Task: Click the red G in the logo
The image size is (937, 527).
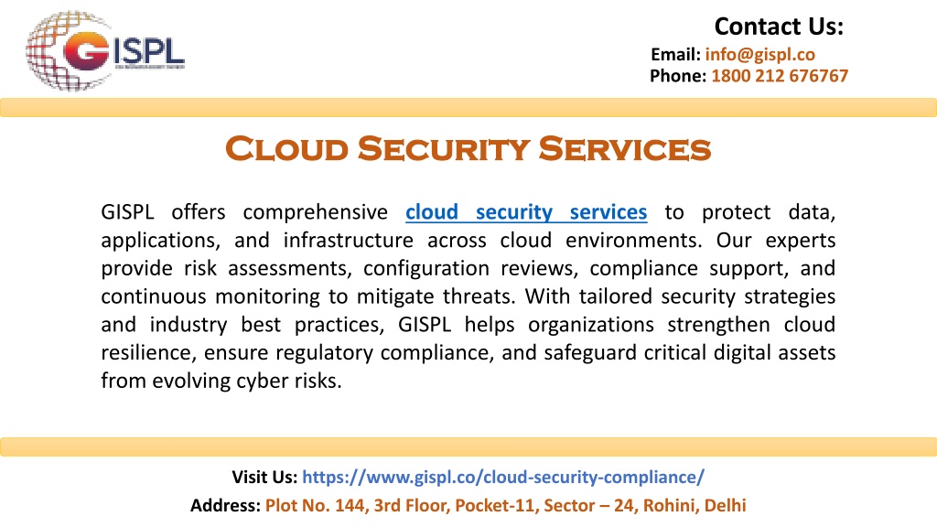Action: click(x=86, y=51)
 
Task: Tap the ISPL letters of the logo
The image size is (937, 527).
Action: click(x=149, y=51)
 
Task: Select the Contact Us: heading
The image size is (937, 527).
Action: click(x=779, y=27)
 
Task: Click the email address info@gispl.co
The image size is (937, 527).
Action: click(x=759, y=54)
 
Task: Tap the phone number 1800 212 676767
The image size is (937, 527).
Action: click(x=780, y=76)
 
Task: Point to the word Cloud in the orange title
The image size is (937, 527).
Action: click(x=286, y=148)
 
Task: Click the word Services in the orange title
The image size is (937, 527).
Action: click(x=624, y=148)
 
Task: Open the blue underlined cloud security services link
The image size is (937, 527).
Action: click(x=526, y=212)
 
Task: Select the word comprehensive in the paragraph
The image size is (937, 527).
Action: click(x=315, y=212)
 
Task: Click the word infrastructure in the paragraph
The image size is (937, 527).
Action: click(x=348, y=241)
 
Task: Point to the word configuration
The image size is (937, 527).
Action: click(x=426, y=269)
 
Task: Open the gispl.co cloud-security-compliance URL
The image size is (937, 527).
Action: click(x=503, y=477)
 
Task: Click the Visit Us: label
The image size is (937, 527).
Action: click(x=264, y=477)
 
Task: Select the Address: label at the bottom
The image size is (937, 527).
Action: click(x=225, y=505)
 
